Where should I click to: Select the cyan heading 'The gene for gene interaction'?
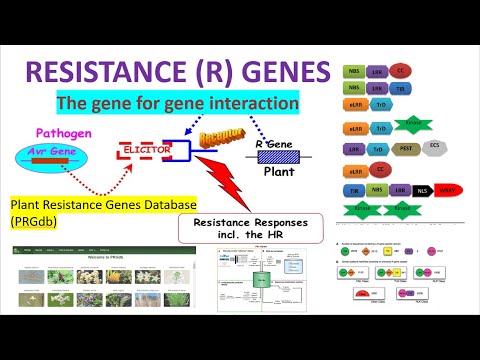191,102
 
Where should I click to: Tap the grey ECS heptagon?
434,146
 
